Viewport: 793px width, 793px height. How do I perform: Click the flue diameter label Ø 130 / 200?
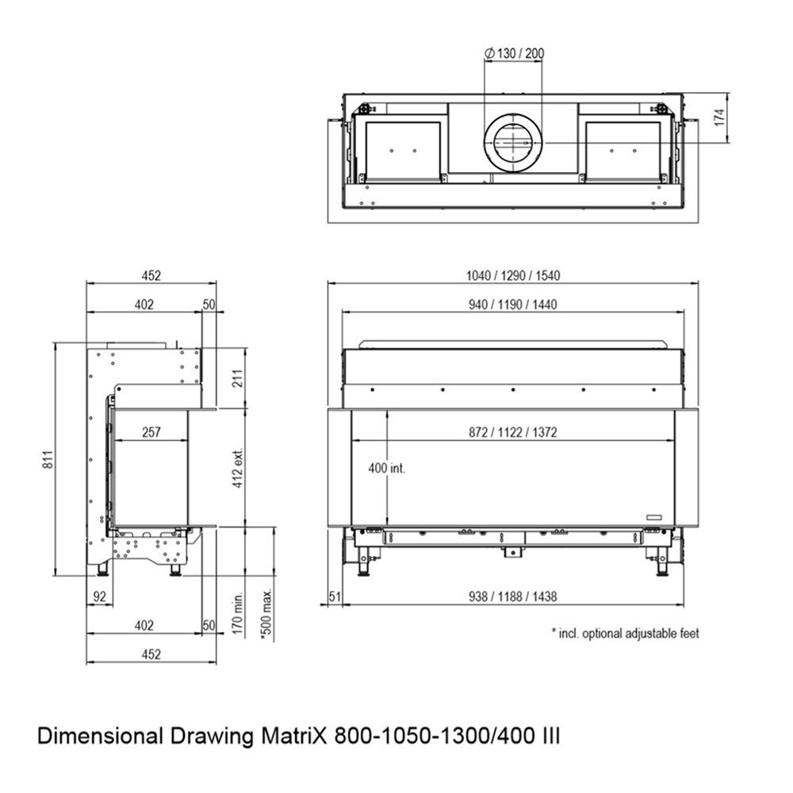pos(513,54)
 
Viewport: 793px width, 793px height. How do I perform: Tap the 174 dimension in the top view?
pos(718,118)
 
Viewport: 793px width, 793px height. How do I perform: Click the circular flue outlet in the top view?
pos(513,142)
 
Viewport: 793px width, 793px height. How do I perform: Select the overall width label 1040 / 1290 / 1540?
pos(513,276)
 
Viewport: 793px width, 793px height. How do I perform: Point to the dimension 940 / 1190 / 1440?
pos(513,305)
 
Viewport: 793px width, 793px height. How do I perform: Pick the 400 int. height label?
pos(387,468)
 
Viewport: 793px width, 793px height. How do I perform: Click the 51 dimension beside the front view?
pos(334,597)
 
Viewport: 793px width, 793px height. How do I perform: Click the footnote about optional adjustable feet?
pos(625,633)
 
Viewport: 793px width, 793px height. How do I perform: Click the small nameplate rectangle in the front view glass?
pos(655,516)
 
